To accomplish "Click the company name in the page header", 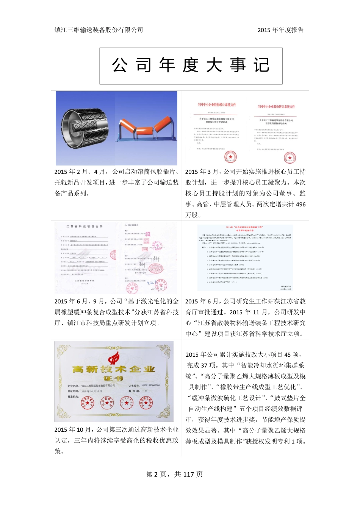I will pyautogui.click(x=99, y=30).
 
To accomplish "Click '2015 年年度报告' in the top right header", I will pyautogui.click(x=280, y=30).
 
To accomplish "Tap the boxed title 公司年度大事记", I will pyautogui.click(x=191, y=66).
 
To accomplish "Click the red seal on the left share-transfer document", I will pyautogui.click(x=230, y=156).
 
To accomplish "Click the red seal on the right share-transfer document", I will pyautogui.click(x=290, y=158).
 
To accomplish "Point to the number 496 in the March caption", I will pyautogui.click(x=301, y=204).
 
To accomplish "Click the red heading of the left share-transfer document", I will pyautogui.click(x=217, y=105).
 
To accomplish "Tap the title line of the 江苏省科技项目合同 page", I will pyautogui.click(x=85, y=226).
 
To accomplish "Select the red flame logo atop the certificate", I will pyautogui.click(x=113, y=357).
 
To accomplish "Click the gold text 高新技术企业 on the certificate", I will pyautogui.click(x=113, y=369).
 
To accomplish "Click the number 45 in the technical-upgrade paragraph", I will pyautogui.click(x=288, y=354).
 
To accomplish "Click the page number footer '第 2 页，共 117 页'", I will pyautogui.click(x=174, y=474).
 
